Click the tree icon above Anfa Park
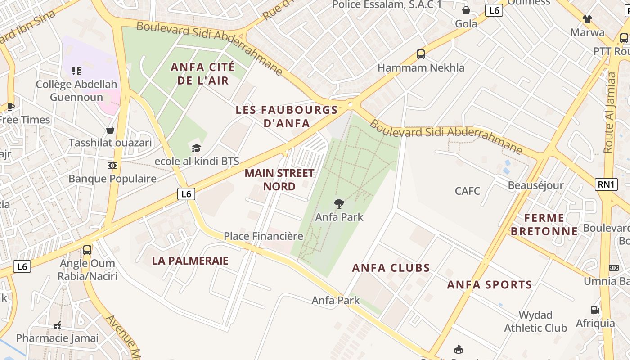click(339, 204)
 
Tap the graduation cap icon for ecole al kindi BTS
click(196, 148)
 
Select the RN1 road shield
click(606, 184)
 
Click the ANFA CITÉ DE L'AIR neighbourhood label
click(202, 74)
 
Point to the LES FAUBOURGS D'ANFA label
click(287, 116)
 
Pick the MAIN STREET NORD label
click(279, 180)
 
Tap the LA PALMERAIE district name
click(190, 261)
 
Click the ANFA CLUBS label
click(391, 268)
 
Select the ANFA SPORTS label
click(490, 284)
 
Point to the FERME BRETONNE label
click(551, 225)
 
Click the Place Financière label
click(263, 236)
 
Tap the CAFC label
click(468, 191)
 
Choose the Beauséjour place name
click(535, 185)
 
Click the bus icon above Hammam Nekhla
click(421, 54)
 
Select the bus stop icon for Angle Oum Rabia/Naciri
click(87, 250)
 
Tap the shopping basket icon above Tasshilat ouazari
click(110, 130)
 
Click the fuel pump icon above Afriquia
click(595, 310)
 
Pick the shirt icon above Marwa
click(587, 19)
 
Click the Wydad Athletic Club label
click(535, 321)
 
